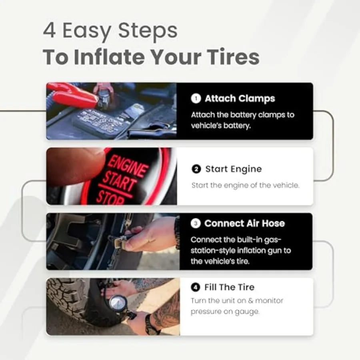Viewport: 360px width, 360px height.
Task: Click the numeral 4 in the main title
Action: [49, 30]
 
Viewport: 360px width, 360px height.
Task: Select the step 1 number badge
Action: [196, 98]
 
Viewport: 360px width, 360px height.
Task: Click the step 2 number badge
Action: [196, 169]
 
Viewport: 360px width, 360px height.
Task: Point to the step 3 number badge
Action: [196, 223]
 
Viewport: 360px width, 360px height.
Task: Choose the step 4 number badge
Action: [195, 287]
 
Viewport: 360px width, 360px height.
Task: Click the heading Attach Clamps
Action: [240, 98]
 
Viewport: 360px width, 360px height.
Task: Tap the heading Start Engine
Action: [234, 169]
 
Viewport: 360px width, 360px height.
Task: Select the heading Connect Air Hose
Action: [244, 223]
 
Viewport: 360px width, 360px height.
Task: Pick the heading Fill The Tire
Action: [229, 287]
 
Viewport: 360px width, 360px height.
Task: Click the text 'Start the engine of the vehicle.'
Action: [246, 185]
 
